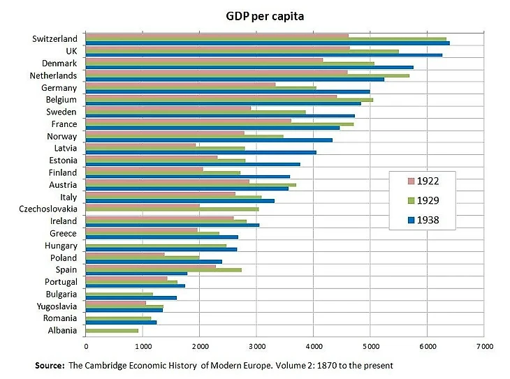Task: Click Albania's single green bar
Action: tap(112, 330)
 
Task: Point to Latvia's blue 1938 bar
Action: tap(201, 152)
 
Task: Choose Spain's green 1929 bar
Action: tap(163, 269)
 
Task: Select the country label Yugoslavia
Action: tap(57, 306)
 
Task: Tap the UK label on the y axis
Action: tap(71, 51)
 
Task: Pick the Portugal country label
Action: tap(59, 281)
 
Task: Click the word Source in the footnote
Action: tap(50, 365)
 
